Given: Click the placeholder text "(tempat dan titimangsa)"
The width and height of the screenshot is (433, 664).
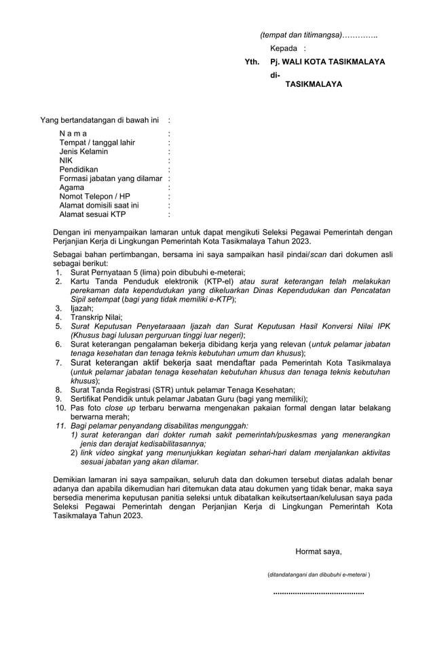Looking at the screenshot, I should click(300, 35).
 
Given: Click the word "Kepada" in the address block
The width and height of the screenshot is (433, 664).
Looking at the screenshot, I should click(284, 48).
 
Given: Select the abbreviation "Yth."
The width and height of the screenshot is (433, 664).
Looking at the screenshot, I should click(252, 62).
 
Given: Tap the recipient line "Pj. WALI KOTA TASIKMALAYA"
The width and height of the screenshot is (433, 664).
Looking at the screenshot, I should click(327, 62).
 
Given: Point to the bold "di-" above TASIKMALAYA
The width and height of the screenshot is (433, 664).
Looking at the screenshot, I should click(275, 75).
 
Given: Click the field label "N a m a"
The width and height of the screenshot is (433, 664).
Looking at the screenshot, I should click(73, 134).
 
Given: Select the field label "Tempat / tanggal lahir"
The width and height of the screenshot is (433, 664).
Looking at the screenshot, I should click(97, 142).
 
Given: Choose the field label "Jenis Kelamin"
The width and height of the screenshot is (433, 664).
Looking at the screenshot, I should click(83, 151).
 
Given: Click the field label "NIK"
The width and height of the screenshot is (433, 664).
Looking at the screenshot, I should click(66, 161).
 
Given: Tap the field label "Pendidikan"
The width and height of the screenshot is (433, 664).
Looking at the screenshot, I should click(79, 170).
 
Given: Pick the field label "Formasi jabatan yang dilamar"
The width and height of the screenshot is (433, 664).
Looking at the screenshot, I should click(111, 178).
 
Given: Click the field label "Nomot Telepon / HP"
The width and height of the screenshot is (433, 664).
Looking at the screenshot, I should click(94, 196).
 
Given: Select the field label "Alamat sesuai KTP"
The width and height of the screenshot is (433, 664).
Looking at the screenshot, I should click(92, 214).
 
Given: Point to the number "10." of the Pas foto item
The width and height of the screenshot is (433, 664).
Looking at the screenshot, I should click(60, 408).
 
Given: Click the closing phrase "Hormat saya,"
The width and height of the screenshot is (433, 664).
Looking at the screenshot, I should click(318, 551).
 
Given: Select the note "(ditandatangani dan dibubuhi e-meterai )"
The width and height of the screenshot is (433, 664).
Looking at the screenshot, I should click(319, 574).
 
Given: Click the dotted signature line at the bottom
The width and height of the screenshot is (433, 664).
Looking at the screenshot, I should click(318, 593).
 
